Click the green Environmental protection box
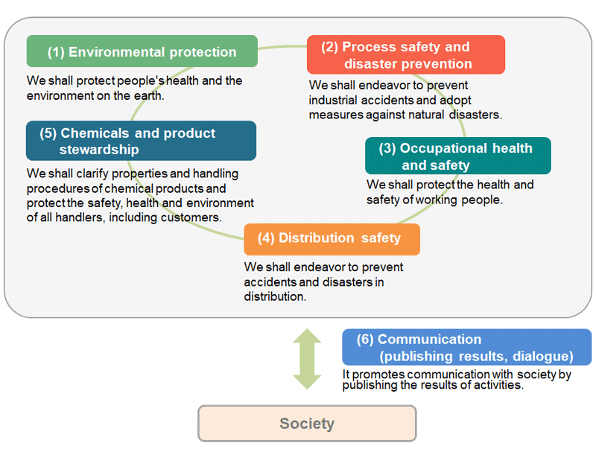[x=142, y=51]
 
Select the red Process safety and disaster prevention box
[x=405, y=54]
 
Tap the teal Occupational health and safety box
[x=457, y=156]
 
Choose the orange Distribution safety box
[x=332, y=238]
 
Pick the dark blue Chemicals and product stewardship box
[x=141, y=141]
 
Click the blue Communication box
[x=466, y=347]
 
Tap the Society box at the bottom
[x=306, y=424]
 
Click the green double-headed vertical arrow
[x=306, y=359]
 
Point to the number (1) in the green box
[x=56, y=52]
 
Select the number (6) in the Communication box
[x=365, y=340]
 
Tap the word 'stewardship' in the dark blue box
[x=99, y=149]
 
